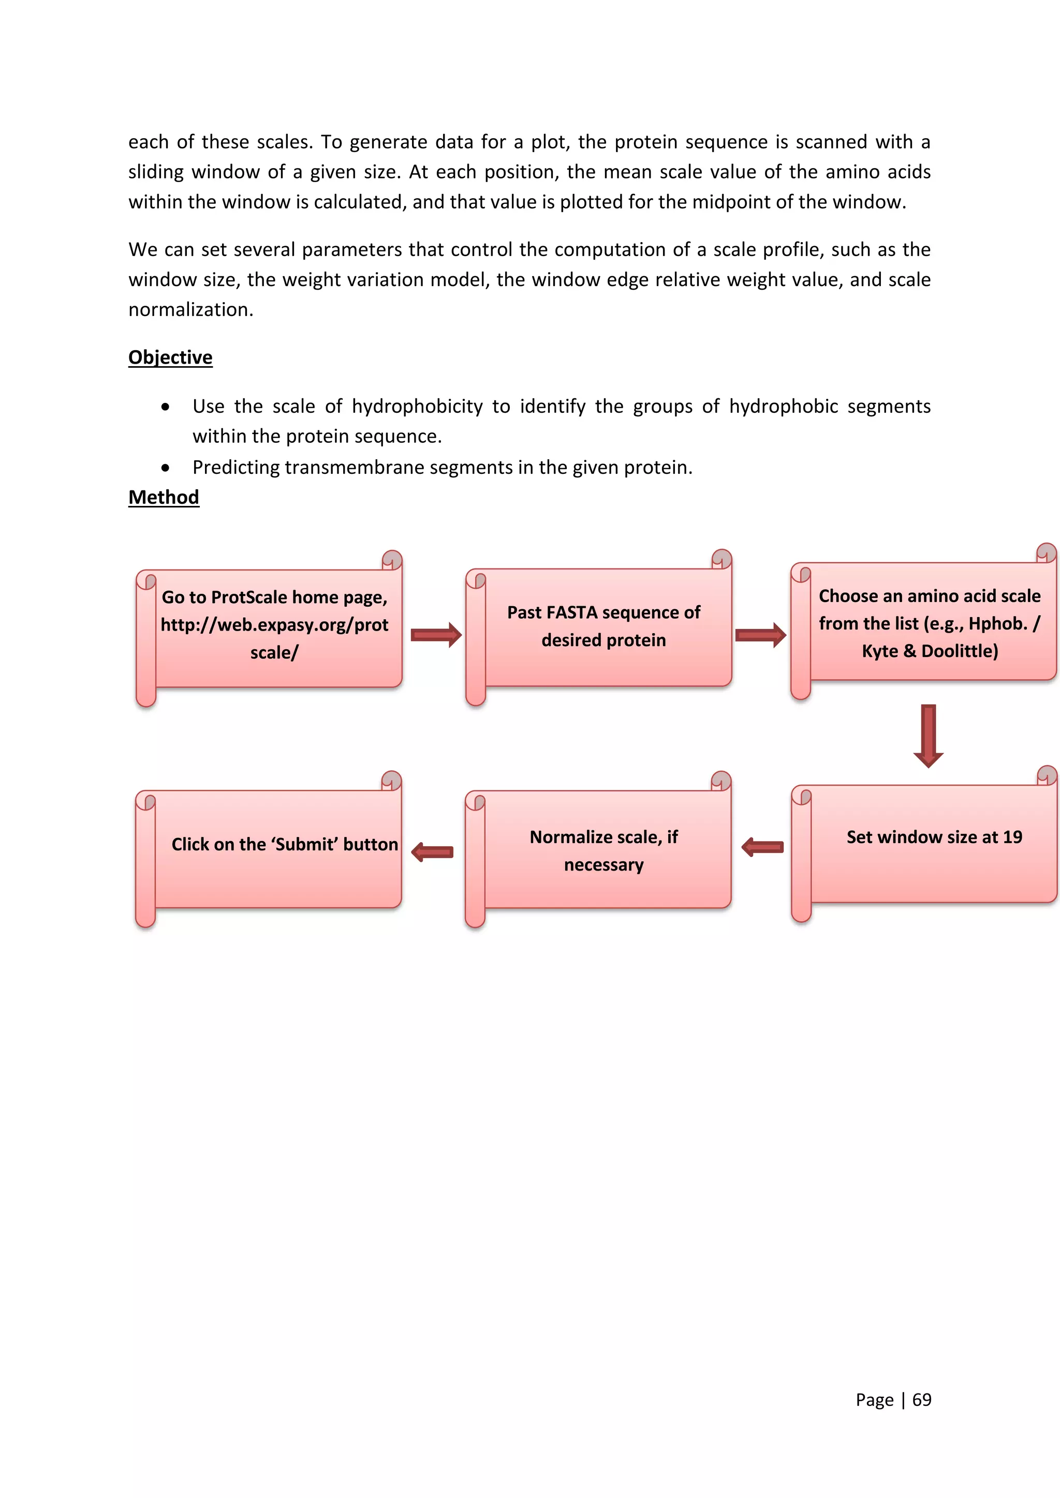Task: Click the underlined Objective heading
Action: coord(170,357)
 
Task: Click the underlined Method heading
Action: coord(164,497)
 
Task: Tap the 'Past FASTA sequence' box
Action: coord(604,626)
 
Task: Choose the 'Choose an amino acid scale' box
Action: coord(930,623)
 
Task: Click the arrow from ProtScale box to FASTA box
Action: coord(435,635)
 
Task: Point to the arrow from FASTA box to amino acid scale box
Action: coord(760,635)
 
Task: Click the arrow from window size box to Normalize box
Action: coord(762,847)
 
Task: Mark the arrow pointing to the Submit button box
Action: coord(432,851)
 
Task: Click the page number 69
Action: coord(922,1400)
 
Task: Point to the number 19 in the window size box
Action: coord(1012,837)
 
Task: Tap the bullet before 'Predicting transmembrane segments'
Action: coord(166,468)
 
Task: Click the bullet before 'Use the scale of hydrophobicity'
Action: coord(166,407)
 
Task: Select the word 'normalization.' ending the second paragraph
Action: coord(190,310)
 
